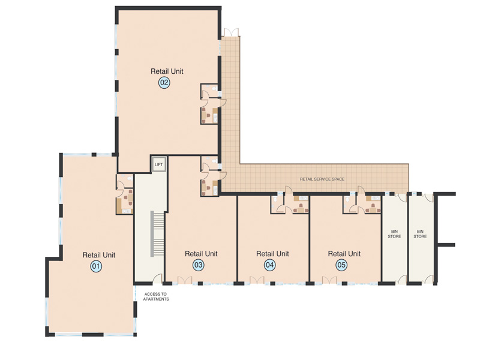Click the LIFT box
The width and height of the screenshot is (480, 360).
(x=158, y=164)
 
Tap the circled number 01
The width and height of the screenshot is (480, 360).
(x=96, y=266)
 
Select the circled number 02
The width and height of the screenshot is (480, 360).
(x=164, y=83)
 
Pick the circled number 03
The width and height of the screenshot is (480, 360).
(x=199, y=265)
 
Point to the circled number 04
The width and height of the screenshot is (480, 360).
(x=269, y=265)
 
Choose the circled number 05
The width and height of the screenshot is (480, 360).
(x=341, y=265)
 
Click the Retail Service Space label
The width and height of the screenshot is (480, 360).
(x=322, y=179)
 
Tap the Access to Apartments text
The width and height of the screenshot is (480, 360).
(x=156, y=296)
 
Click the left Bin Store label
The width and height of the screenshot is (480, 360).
(x=394, y=234)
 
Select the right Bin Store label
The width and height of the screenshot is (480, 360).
(x=420, y=234)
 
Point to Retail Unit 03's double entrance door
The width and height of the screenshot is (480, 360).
(x=185, y=280)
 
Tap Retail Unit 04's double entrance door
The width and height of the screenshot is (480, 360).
(x=257, y=280)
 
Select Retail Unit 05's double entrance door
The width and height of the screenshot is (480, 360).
(x=329, y=280)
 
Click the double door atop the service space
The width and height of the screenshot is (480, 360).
(x=231, y=32)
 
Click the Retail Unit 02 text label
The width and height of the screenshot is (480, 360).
(x=167, y=71)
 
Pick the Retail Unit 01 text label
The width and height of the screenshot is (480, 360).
(x=99, y=255)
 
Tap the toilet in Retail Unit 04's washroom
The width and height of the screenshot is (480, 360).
(x=275, y=199)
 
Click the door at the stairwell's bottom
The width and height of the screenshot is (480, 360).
(x=157, y=279)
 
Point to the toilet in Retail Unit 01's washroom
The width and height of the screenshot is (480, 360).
(x=129, y=178)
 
